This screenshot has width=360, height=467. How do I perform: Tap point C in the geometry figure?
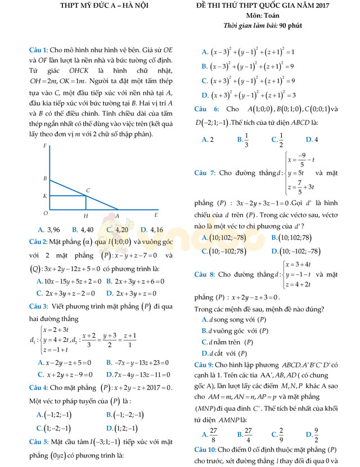(88, 191)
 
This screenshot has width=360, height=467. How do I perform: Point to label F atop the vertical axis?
(45, 146)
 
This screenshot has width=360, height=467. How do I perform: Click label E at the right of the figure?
(156, 215)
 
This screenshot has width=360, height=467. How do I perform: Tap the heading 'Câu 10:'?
(209, 450)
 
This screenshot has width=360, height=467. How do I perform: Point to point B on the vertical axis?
(45, 178)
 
